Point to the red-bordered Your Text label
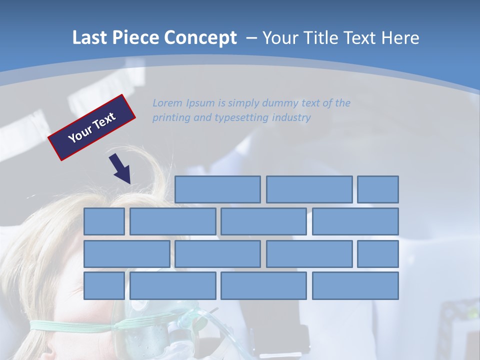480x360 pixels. pyautogui.click(x=91, y=127)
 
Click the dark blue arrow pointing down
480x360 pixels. pyautogui.click(x=120, y=168)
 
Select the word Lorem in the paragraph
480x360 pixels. pyautogui.click(x=167, y=103)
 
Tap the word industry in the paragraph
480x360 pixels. pyautogui.click(x=291, y=118)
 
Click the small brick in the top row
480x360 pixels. pyautogui.click(x=378, y=189)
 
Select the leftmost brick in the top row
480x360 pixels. pyautogui.click(x=217, y=189)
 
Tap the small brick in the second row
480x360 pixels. pyautogui.click(x=104, y=221)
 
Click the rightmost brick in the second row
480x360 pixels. pyautogui.click(x=355, y=221)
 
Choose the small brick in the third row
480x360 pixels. pyautogui.click(x=378, y=254)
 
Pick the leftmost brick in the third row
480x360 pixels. pyautogui.click(x=126, y=254)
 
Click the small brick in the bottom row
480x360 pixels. pyautogui.click(x=104, y=286)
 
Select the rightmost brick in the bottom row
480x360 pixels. pyautogui.click(x=355, y=286)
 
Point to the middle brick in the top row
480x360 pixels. pyautogui.click(x=309, y=189)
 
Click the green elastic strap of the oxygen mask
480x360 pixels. pyautogui.click(x=75, y=325)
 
